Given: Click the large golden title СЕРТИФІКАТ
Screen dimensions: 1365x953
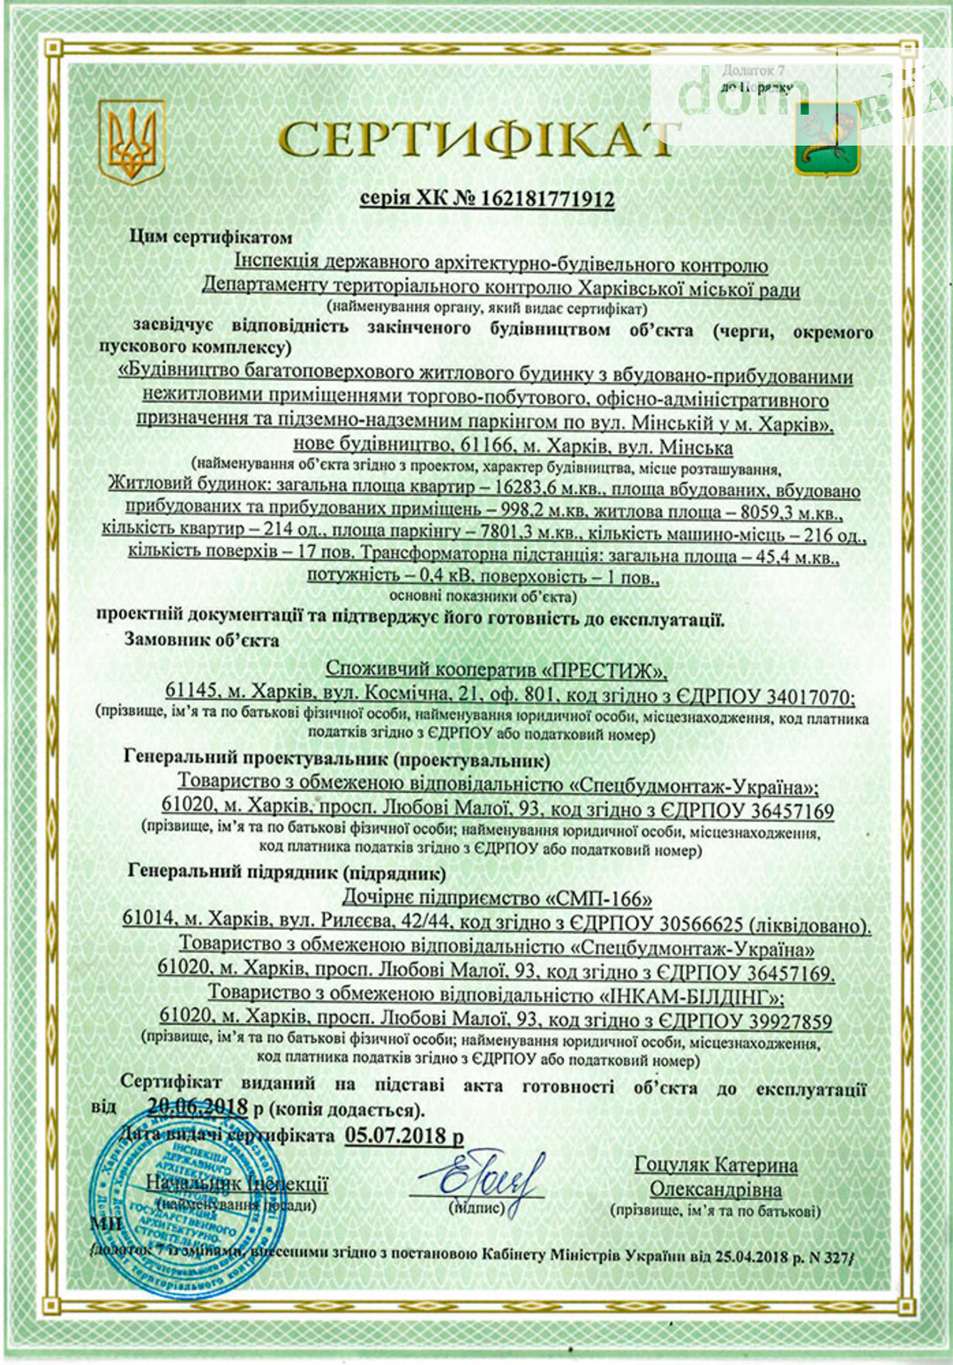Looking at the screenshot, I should coord(476,139).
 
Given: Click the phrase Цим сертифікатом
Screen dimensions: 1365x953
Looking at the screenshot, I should coord(211,236).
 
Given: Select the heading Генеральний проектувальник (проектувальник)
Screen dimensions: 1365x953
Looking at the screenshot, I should coord(336,758).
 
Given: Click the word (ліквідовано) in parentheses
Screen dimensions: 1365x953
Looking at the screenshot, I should coord(809,925).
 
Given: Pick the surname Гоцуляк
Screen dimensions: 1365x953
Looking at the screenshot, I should coord(676,1165).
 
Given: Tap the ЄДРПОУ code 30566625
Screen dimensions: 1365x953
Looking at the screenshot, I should coord(695,925).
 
